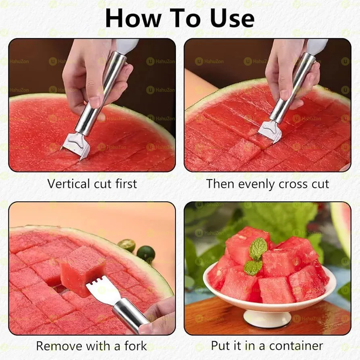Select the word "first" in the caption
tap(124, 184)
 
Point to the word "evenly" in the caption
tap(260, 184)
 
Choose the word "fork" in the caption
tap(134, 346)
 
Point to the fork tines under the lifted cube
tap(99, 288)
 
